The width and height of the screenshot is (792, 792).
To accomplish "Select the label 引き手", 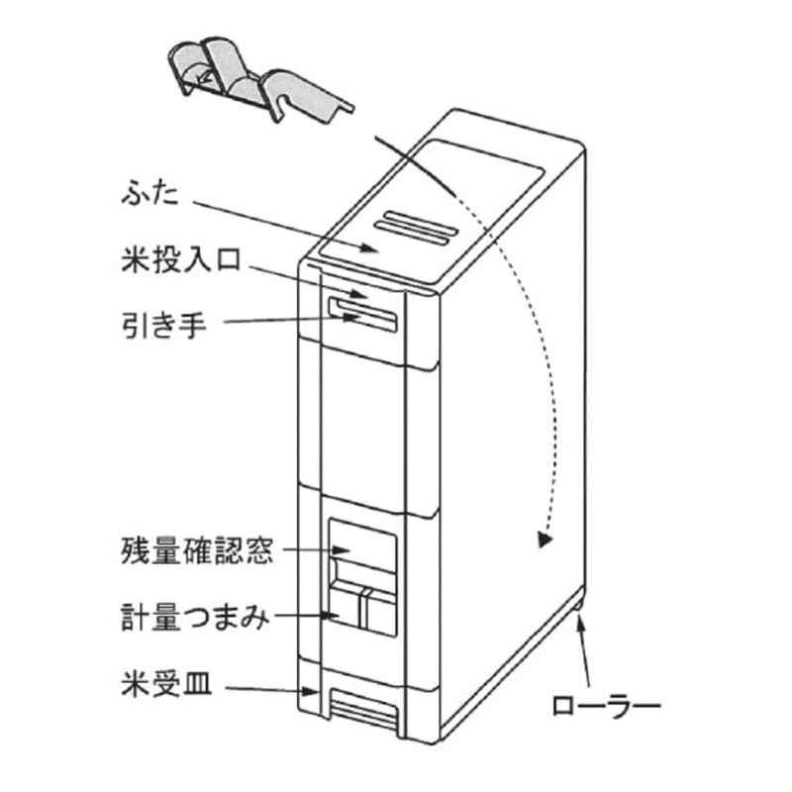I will click(x=165, y=323).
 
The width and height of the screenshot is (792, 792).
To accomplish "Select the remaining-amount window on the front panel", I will click(x=362, y=547).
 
